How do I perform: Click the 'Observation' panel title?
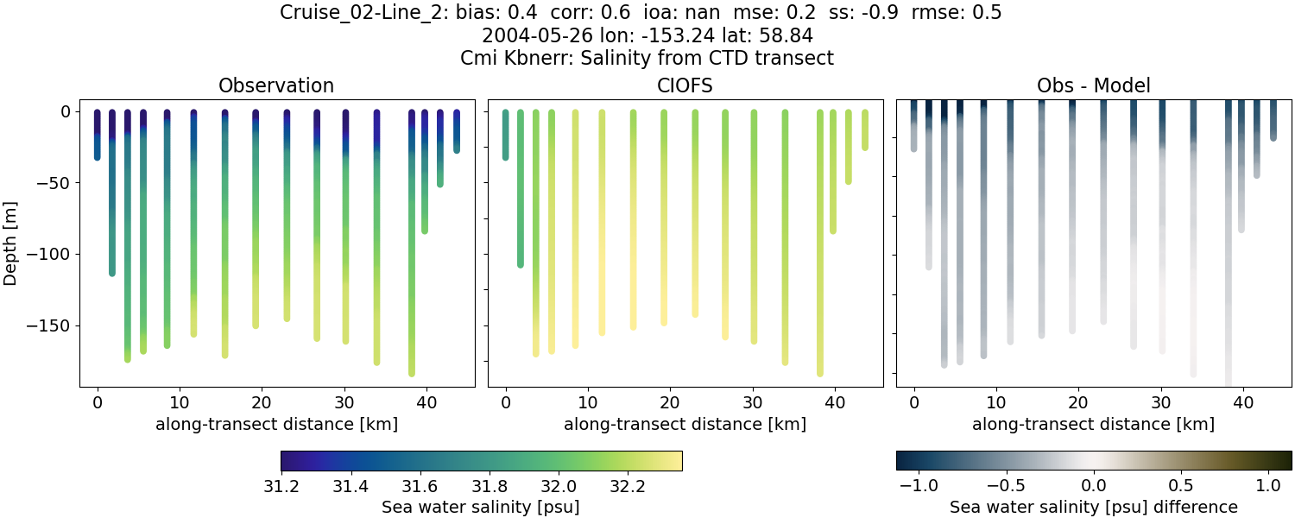(276, 85)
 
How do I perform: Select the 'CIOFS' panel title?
(685, 85)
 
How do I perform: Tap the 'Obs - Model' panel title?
(1093, 85)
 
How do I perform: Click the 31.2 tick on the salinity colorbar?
(281, 486)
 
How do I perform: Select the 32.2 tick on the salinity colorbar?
(627, 486)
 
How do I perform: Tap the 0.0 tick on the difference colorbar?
(1094, 486)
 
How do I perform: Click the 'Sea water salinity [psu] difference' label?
(1093, 507)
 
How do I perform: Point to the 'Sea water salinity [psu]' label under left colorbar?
(481, 507)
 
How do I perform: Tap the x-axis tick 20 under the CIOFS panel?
(670, 403)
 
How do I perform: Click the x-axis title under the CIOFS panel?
(685, 424)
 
